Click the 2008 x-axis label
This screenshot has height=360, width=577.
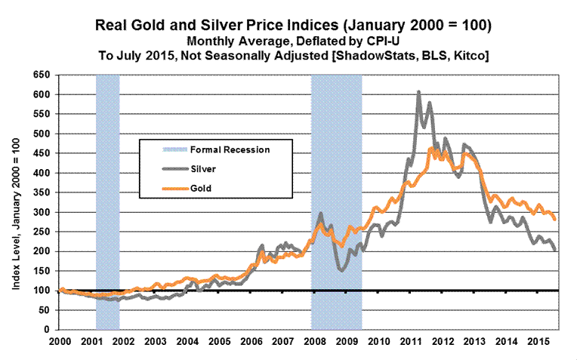click(x=310, y=341)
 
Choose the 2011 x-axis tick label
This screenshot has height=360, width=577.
click(x=406, y=341)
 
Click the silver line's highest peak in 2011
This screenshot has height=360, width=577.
click(x=418, y=92)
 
